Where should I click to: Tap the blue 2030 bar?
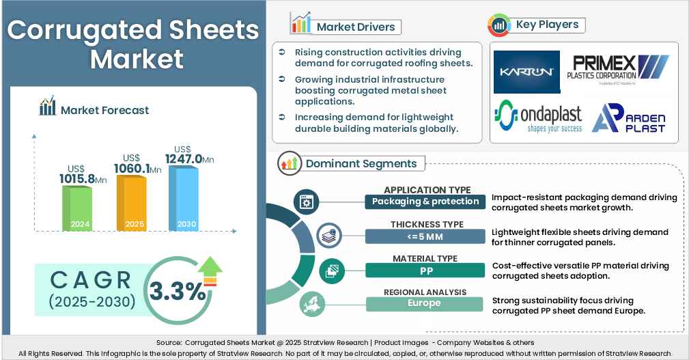click(x=183, y=197)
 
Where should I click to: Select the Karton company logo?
click(x=526, y=72)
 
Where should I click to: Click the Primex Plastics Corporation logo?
click(x=617, y=71)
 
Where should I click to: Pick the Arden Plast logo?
click(x=628, y=118)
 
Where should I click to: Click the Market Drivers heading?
click(x=354, y=27)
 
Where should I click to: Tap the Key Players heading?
click(x=547, y=25)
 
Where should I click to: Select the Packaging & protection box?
click(x=427, y=202)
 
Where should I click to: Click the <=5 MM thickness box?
click(x=427, y=236)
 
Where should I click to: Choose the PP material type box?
click(x=427, y=270)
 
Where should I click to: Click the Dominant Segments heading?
click(x=361, y=164)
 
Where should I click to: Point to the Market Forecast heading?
click(x=104, y=110)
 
